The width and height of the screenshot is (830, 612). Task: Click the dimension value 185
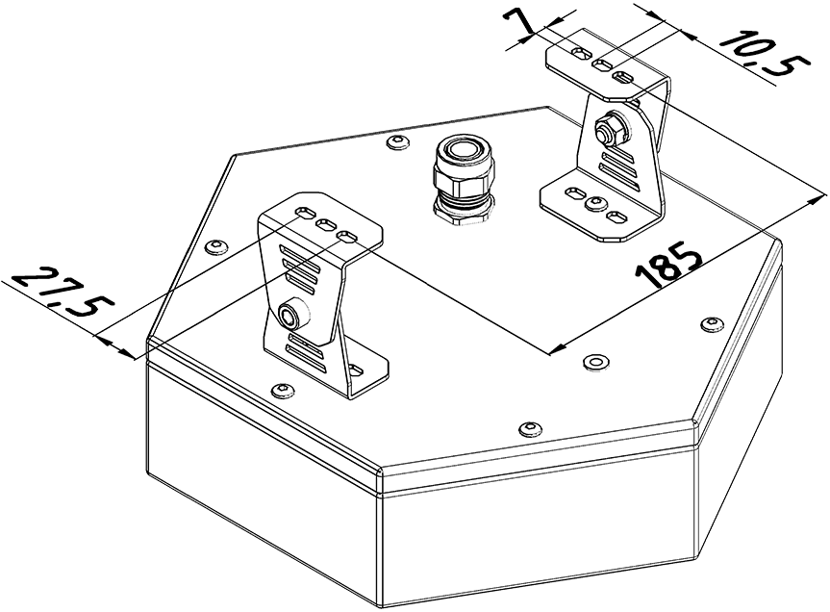click(x=669, y=267)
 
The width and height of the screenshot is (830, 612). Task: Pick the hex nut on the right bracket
click(x=611, y=130)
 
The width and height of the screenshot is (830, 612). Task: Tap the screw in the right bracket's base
click(x=595, y=203)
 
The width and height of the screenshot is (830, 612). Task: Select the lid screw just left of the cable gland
click(x=397, y=141)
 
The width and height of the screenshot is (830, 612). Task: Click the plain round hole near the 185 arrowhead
click(x=595, y=362)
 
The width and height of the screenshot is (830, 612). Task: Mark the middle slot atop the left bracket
click(x=326, y=225)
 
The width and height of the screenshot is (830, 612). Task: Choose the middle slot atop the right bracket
click(x=602, y=65)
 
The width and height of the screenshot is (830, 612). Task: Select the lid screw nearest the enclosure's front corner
click(x=530, y=429)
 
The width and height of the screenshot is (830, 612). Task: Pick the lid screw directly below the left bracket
click(x=282, y=392)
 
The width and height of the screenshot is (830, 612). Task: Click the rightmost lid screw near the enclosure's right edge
click(x=712, y=324)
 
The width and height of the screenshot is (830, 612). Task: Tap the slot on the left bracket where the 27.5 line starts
click(x=306, y=212)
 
